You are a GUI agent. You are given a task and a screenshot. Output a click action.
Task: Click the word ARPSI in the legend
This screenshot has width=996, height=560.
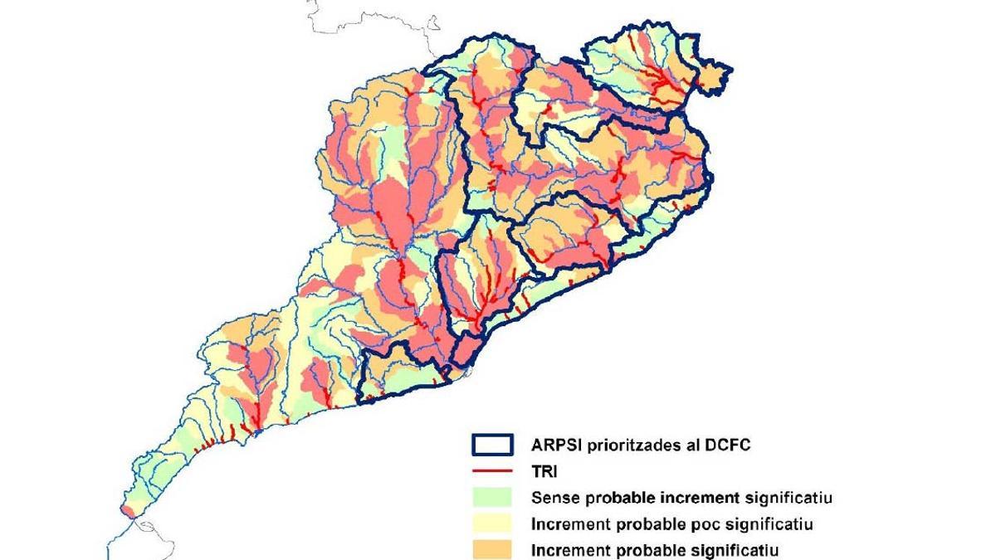pyautogui.click(x=557, y=445)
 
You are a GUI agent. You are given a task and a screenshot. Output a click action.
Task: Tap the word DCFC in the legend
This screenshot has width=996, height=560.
pyautogui.click(x=727, y=445)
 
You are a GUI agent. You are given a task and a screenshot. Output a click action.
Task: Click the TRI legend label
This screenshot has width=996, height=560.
pyautogui.click(x=544, y=471)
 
